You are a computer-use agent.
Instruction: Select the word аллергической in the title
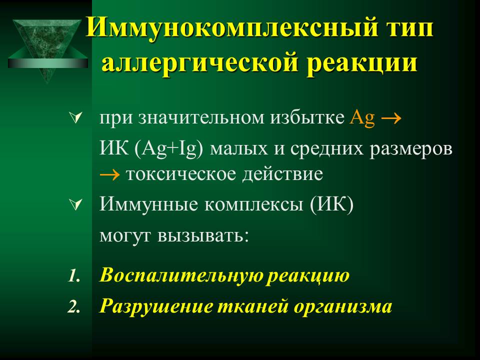(x=200, y=63)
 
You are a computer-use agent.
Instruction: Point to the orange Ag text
(x=362, y=117)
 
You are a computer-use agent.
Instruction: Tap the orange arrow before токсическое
(x=109, y=175)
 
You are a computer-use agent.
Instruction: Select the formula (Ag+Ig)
(x=168, y=149)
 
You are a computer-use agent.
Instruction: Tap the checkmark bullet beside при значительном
(x=76, y=118)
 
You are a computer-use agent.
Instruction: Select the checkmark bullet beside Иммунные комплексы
(x=76, y=204)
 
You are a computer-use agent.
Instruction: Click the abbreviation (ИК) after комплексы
(x=331, y=204)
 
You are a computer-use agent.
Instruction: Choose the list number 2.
(x=74, y=306)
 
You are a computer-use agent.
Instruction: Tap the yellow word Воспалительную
(x=181, y=275)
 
